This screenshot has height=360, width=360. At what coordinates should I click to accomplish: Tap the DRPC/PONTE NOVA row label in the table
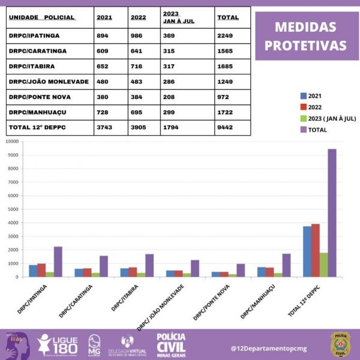[x=35, y=97]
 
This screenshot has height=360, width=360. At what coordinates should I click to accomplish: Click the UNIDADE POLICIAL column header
[x=42, y=17]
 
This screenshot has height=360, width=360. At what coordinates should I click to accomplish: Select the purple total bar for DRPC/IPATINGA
[x=58, y=262]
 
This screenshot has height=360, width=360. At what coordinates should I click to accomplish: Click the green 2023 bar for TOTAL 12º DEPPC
[x=323, y=265]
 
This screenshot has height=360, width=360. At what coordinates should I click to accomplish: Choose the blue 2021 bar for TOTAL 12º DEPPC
[x=307, y=251]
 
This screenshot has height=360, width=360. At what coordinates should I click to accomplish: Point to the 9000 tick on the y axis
[x=13, y=155]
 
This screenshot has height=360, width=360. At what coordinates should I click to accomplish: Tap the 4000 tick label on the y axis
[x=13, y=223]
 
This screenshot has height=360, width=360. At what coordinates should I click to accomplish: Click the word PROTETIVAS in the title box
[x=306, y=46]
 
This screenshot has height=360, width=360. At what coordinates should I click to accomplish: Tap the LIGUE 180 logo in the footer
[x=58, y=344]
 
